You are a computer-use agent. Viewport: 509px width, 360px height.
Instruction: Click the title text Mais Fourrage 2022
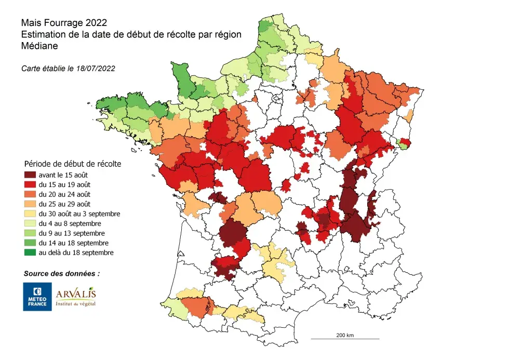(x=64, y=23)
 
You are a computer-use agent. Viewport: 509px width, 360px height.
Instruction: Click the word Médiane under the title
(x=39, y=45)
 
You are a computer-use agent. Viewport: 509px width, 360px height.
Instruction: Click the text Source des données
(x=61, y=273)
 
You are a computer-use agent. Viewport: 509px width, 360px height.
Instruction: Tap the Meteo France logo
(x=37, y=297)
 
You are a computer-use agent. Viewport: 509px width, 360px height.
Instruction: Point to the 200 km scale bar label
(x=345, y=336)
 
